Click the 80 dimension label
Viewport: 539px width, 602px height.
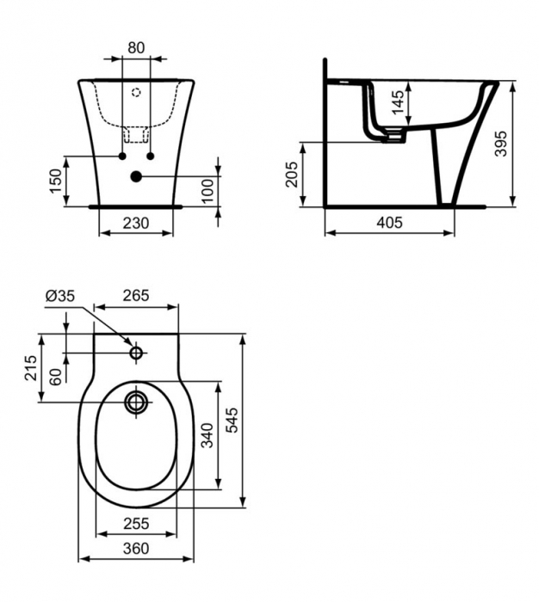[136, 48]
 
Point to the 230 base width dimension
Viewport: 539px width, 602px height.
[136, 223]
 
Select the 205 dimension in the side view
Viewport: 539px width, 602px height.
[291, 175]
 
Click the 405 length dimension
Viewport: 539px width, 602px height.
[390, 223]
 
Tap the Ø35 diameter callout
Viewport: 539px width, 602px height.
[59, 294]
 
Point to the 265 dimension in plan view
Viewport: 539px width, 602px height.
[136, 294]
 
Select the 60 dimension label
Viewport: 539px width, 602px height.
[56, 377]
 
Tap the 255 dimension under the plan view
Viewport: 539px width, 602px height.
[136, 524]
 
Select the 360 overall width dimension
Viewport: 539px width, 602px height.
[136, 549]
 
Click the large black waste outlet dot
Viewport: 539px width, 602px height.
[136, 177]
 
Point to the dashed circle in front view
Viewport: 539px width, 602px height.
[136, 90]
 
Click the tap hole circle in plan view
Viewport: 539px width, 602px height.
[136, 353]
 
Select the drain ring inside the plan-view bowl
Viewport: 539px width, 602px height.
[136, 401]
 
